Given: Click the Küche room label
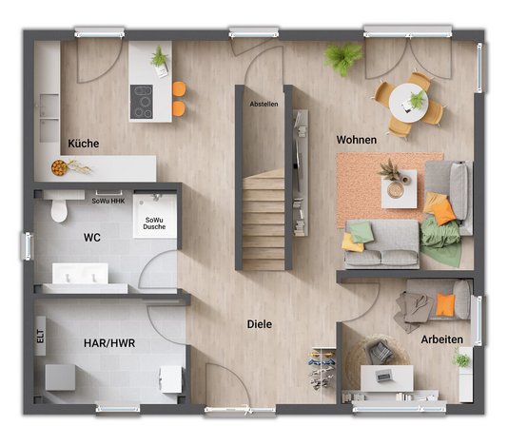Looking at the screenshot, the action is [x=84, y=144].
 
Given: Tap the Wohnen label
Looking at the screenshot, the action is [x=357, y=140].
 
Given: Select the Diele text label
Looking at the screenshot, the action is [x=260, y=324].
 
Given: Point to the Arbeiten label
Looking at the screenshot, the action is [x=442, y=339].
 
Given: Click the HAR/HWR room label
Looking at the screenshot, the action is [x=109, y=343].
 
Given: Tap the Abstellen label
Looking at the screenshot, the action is [x=264, y=104].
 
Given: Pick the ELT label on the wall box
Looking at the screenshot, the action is [x=40, y=336].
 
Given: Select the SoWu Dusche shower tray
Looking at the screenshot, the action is [x=155, y=216].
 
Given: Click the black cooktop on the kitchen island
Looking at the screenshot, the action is [x=141, y=102].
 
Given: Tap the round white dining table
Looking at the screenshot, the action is [x=408, y=103].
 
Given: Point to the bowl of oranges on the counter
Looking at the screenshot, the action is [x=59, y=167].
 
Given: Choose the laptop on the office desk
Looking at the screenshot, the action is [x=384, y=376].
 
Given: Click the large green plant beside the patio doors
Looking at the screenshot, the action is [x=343, y=58].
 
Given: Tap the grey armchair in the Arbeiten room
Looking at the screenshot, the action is [x=379, y=352].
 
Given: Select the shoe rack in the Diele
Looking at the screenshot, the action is [x=322, y=368].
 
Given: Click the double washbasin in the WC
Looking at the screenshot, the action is [x=80, y=274].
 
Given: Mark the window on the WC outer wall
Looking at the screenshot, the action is [x=28, y=246].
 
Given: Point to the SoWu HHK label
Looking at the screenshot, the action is [x=108, y=201].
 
